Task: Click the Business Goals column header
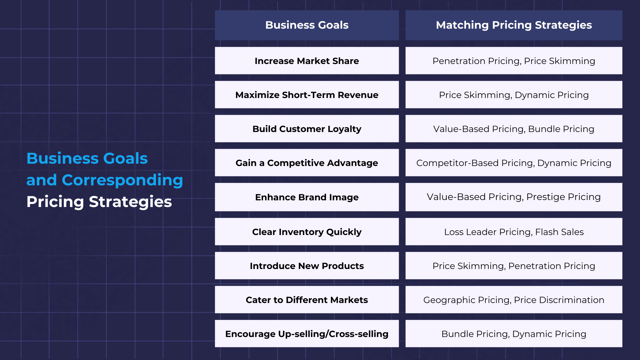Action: tap(307, 25)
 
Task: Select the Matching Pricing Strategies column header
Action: tap(514, 25)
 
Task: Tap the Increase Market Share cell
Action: tap(307, 61)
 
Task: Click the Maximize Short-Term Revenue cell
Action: tap(307, 95)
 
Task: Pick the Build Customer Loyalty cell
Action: tap(307, 129)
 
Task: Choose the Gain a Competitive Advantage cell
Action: tap(307, 163)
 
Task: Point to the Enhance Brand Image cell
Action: tap(307, 197)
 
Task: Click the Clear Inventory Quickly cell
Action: tap(307, 232)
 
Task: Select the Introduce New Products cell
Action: tap(307, 266)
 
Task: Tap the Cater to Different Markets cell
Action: tap(307, 300)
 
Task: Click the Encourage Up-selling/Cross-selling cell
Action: tap(307, 334)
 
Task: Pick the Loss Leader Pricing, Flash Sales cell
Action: tap(514, 232)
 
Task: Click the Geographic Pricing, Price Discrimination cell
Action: tap(514, 300)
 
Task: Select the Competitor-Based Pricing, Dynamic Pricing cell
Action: tap(514, 163)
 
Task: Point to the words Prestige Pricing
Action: tap(563, 197)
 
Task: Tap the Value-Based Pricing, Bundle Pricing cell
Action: tap(514, 129)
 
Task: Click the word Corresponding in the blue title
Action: tap(122, 181)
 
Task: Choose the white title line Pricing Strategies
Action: tap(99, 202)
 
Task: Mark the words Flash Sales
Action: tap(559, 232)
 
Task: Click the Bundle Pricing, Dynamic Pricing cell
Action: tap(514, 334)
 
